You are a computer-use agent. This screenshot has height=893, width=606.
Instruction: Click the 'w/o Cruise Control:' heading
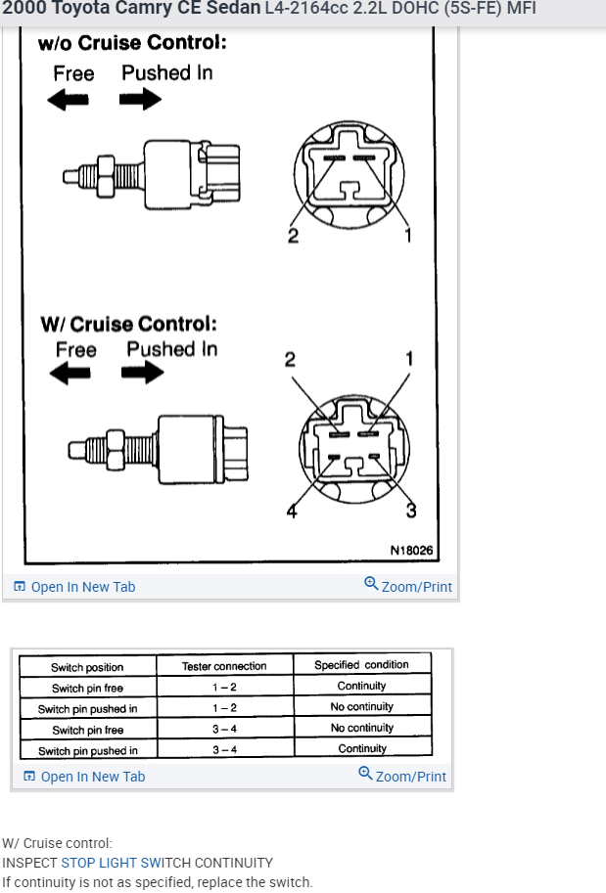[x=132, y=43]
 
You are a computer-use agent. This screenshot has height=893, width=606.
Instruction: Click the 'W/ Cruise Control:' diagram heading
[x=128, y=324]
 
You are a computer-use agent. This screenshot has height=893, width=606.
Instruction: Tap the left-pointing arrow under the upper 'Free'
[x=69, y=99]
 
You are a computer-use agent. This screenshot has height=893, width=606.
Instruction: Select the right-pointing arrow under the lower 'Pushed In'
[x=143, y=374]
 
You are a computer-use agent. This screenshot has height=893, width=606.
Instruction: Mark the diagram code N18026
[x=411, y=551]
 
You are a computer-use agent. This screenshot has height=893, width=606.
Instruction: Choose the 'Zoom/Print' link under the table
[x=404, y=776]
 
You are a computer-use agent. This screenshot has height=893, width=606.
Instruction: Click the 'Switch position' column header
[x=87, y=667]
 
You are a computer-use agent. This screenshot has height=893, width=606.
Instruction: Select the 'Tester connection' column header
[x=224, y=666]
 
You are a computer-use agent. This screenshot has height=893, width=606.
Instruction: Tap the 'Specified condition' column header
[x=361, y=665]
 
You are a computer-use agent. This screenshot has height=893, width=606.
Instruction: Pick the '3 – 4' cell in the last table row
[x=224, y=750]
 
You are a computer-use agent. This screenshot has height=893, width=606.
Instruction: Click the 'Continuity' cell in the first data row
[x=361, y=687]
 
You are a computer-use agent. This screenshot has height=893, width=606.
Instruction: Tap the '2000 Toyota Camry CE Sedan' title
[x=131, y=9]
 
